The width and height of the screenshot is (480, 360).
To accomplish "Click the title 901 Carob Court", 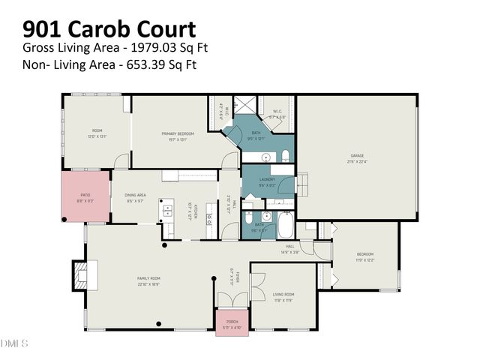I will [x=109, y=29].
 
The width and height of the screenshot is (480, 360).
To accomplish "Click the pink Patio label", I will [x=85, y=196].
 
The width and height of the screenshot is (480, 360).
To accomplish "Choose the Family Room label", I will [x=148, y=277].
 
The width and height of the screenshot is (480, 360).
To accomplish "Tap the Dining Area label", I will [x=135, y=196].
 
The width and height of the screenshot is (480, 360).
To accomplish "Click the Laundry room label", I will [x=267, y=180].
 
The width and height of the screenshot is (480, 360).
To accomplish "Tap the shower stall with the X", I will [x=243, y=105].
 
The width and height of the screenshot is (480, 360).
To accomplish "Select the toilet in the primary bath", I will [x=286, y=155].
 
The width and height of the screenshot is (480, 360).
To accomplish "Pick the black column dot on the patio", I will [x=65, y=219].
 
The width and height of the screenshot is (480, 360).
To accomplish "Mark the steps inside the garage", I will [x=304, y=184].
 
